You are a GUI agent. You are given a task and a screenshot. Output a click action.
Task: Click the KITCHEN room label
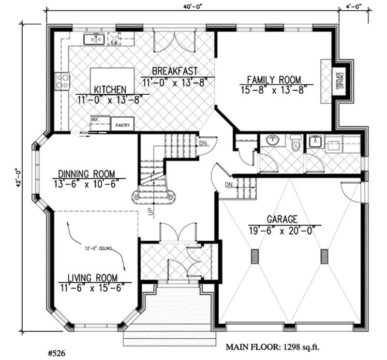[110, 90]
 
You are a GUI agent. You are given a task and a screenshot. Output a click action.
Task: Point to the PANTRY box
[122, 125]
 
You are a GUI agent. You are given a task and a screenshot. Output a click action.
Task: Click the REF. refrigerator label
[95, 117]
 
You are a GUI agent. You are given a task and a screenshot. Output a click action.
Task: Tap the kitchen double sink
[94, 39]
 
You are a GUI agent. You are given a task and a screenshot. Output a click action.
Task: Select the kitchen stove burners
[62, 81]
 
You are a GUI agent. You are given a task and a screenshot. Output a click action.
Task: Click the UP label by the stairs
[150, 211]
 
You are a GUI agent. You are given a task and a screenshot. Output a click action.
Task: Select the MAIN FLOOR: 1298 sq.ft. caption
[274, 347]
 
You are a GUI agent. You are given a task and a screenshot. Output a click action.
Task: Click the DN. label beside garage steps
[229, 186]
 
